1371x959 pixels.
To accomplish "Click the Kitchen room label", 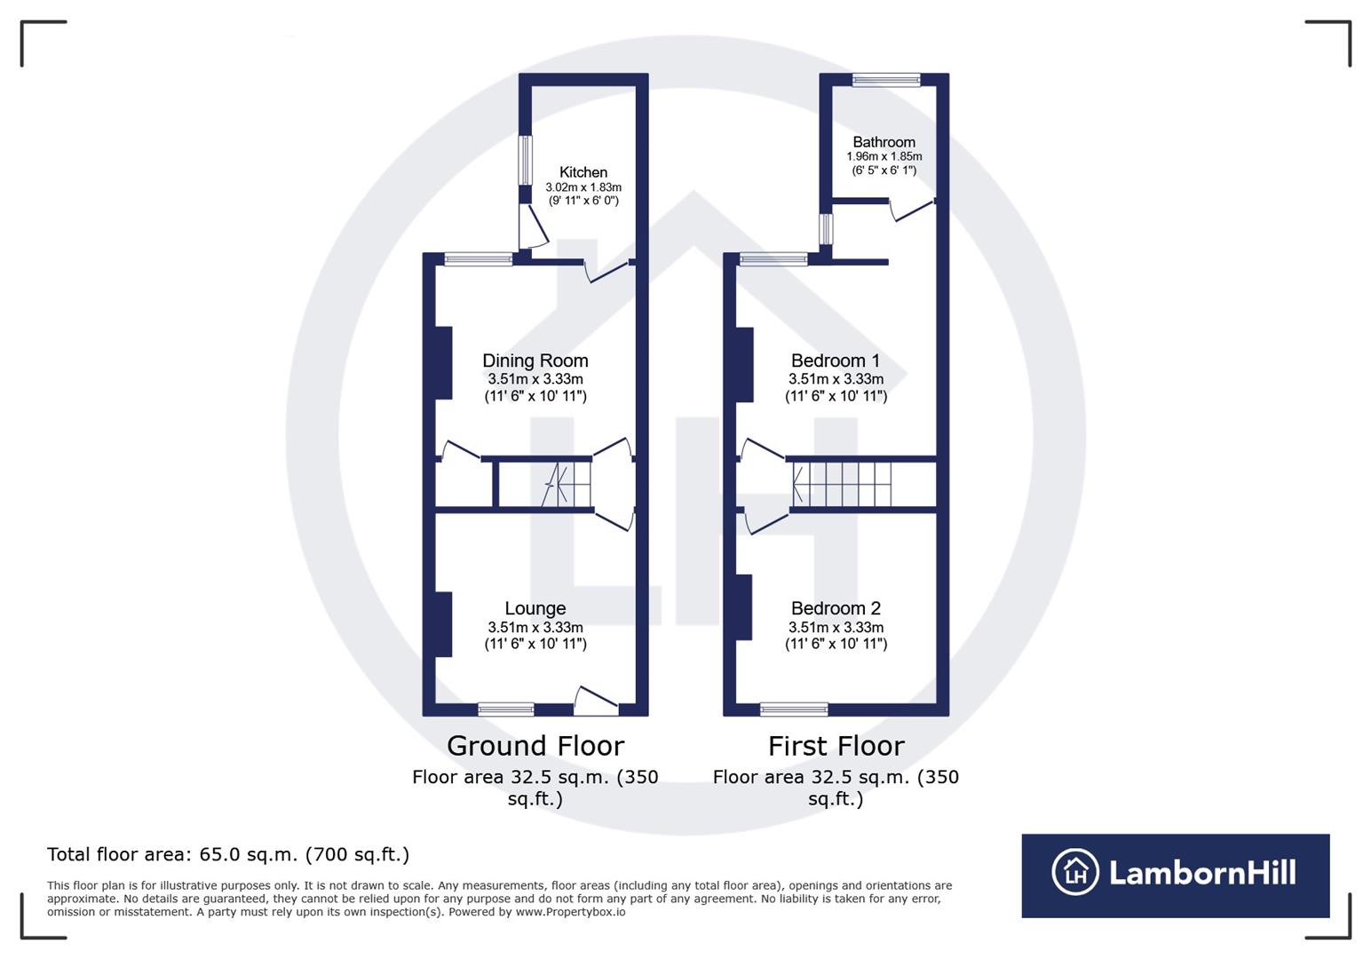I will pos(582,172).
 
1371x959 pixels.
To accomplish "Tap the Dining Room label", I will pos(535,361).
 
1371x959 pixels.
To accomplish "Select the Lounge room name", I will pos(535,608).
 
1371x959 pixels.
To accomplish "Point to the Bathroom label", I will pos(884,142).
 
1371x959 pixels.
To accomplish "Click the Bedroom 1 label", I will pos(835,361).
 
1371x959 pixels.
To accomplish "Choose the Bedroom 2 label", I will pos(835,608).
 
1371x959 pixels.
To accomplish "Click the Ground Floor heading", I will pos(535,746).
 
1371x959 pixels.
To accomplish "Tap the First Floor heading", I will pos(836,746).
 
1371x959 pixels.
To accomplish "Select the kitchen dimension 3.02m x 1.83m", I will pos(582,187).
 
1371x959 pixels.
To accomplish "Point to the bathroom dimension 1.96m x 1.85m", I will pos(884,156).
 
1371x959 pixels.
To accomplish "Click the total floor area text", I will pos(228,854).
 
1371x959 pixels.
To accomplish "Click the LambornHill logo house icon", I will pos(1074,872).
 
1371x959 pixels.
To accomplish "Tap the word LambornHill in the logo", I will pos(1202,873).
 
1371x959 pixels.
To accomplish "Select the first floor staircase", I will pos(842,484).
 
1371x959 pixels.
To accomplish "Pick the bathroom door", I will pos(911,210).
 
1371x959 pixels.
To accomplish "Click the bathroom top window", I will pos(885,80).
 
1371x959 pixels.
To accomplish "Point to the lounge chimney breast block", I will pos(443,624).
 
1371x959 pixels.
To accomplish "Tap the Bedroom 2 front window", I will pos(794,709).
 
